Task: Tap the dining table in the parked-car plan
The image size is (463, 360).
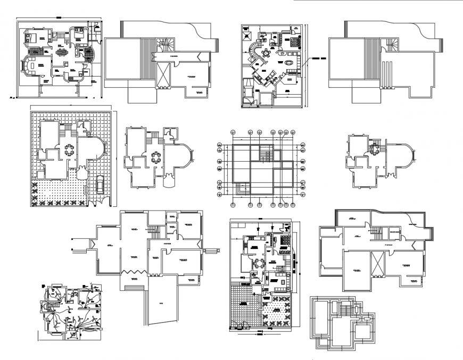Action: [x=69, y=150]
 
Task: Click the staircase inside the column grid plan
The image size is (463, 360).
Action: [x=264, y=155]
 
